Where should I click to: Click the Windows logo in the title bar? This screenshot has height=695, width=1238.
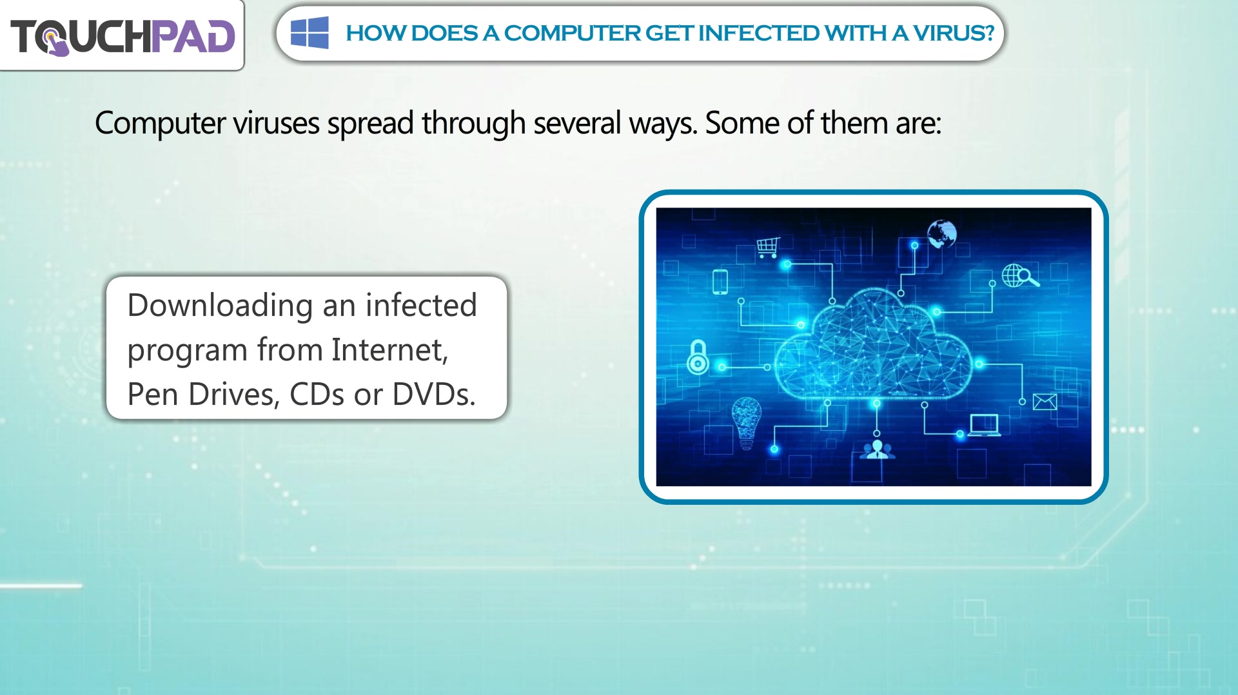(x=309, y=33)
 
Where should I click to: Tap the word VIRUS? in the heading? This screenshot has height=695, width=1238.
(x=954, y=33)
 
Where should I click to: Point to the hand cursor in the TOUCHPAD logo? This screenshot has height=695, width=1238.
(x=55, y=44)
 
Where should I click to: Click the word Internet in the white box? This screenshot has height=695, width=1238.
(x=389, y=350)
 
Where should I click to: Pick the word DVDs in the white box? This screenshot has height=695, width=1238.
(x=433, y=395)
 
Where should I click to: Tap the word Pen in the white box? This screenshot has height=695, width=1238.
(x=152, y=395)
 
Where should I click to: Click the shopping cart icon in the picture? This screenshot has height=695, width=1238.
(x=768, y=248)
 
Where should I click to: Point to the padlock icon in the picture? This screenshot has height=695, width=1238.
(x=698, y=357)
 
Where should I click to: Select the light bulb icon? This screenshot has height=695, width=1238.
(x=747, y=423)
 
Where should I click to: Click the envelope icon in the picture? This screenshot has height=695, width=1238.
(x=1045, y=402)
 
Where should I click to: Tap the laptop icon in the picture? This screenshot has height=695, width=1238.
(x=984, y=426)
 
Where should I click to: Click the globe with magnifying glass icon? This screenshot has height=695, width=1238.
(x=1019, y=276)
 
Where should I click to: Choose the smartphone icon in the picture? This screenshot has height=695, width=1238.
(x=720, y=282)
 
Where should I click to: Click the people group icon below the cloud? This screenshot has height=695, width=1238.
(x=877, y=450)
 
